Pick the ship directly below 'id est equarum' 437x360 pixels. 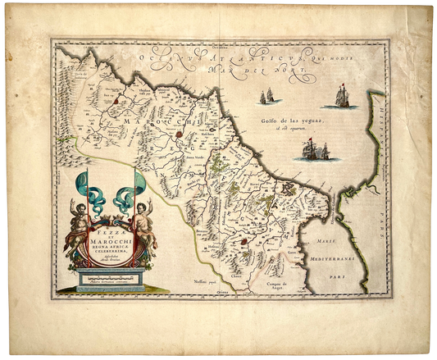pyautogui.click(x=316, y=149)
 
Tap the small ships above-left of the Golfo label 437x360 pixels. pyautogui.click(x=266, y=97)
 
